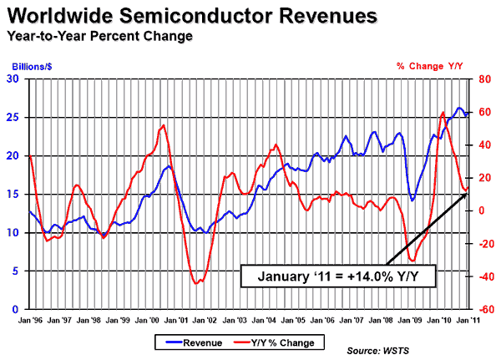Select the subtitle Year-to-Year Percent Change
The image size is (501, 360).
coord(99,37)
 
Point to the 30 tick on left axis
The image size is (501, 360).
coord(13,79)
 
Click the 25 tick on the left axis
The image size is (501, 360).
coord(13,118)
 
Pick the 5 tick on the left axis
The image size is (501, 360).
coord(17,271)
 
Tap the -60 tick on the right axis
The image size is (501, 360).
coord(483,309)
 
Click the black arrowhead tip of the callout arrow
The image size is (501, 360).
coord(468,191)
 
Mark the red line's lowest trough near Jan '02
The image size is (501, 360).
coord(196,283)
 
